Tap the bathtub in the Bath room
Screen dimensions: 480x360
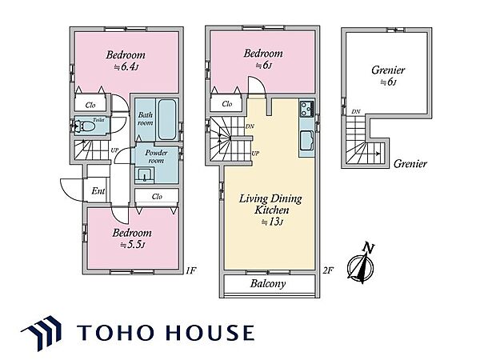[x=167, y=119]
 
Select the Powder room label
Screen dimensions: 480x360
[x=156, y=157]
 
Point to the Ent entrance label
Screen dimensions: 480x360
[x=98, y=191]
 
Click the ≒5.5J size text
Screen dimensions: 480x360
[x=132, y=246]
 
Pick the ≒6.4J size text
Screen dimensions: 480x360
[x=126, y=67]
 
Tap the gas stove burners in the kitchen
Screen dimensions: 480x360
[x=306, y=108]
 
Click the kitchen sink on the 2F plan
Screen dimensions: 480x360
[x=306, y=140]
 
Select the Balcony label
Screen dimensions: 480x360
[x=268, y=283]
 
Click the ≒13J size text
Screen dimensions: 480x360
[x=272, y=222]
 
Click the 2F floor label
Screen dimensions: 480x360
[x=328, y=270]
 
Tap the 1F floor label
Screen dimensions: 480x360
[x=190, y=270]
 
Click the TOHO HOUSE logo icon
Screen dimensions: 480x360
[x=42, y=333]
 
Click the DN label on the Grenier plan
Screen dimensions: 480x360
[x=356, y=112]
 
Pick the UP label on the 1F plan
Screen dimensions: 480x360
[x=114, y=150]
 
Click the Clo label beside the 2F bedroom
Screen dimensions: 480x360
[x=227, y=104]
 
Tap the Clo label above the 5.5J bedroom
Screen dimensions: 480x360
[x=157, y=196]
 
